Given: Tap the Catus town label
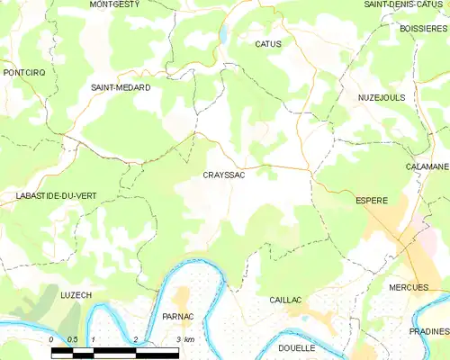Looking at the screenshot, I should point(268,43).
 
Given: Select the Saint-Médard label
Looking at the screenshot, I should point(120,87).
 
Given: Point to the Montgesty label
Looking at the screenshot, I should point(114,4).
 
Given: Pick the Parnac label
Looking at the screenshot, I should point(178,317).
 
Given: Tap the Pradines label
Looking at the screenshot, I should point(428,331).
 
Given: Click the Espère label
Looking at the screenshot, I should point(372,200).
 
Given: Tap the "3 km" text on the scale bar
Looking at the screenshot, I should point(184,339).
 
